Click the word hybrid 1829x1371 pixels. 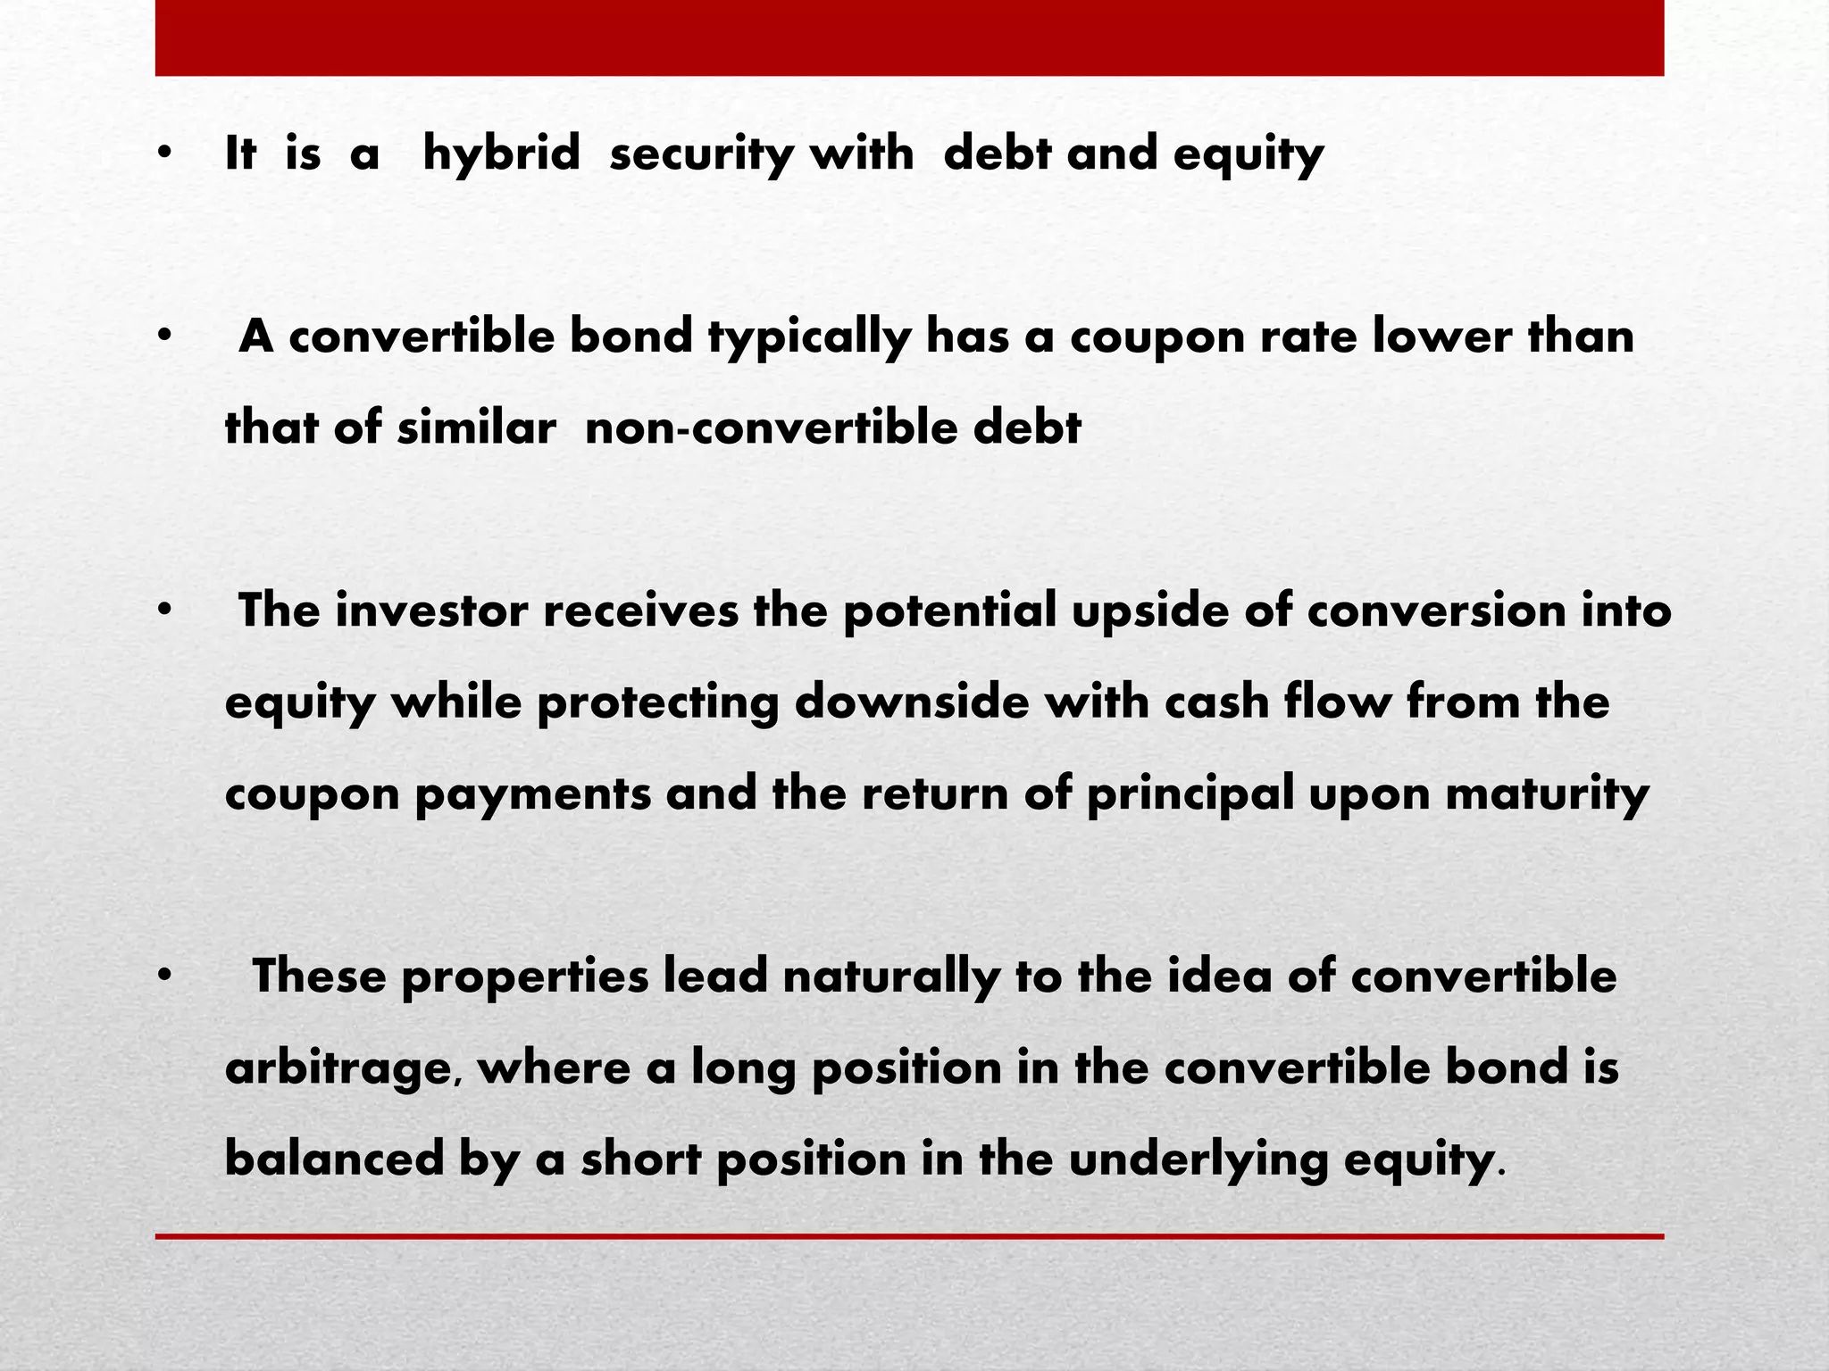(x=501, y=154)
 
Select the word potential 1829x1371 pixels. (x=949, y=611)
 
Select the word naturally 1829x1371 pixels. (x=890, y=976)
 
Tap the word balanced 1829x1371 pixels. (x=334, y=1159)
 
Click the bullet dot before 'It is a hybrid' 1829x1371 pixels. (x=163, y=154)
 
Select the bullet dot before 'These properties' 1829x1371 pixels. (x=163, y=976)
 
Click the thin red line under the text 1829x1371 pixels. (x=909, y=1236)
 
